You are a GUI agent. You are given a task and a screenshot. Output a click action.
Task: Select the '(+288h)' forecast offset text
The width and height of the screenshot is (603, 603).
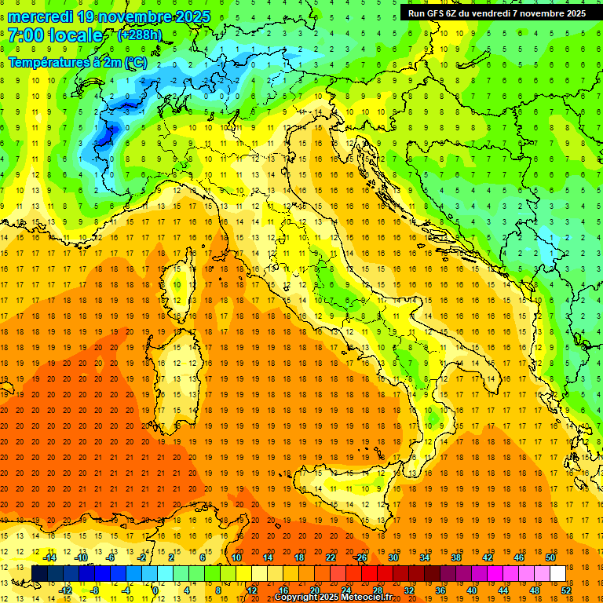click(140, 35)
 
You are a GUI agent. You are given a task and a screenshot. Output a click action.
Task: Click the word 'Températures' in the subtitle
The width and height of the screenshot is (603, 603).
click(46, 61)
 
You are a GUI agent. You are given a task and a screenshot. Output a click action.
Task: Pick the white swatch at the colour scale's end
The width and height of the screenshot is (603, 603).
click(557, 573)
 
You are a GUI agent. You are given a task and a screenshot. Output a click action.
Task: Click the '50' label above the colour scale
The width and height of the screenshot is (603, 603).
click(550, 557)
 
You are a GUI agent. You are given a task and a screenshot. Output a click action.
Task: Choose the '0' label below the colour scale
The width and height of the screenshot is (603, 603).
click(156, 590)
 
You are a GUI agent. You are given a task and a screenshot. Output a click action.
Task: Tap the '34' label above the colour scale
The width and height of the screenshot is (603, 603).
click(425, 557)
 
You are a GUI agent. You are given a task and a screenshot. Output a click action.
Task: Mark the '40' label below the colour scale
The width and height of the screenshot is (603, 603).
click(472, 590)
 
